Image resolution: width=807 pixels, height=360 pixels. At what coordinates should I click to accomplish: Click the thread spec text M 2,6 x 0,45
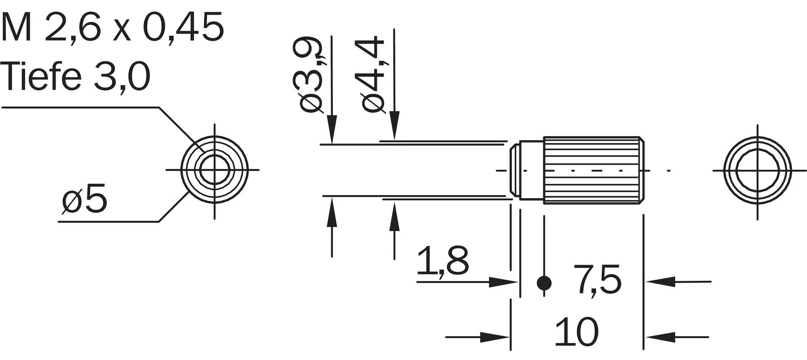click(112, 27)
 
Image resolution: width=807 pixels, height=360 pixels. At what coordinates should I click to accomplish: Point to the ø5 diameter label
click(84, 200)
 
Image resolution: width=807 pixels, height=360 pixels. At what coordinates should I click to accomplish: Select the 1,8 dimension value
click(443, 261)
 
